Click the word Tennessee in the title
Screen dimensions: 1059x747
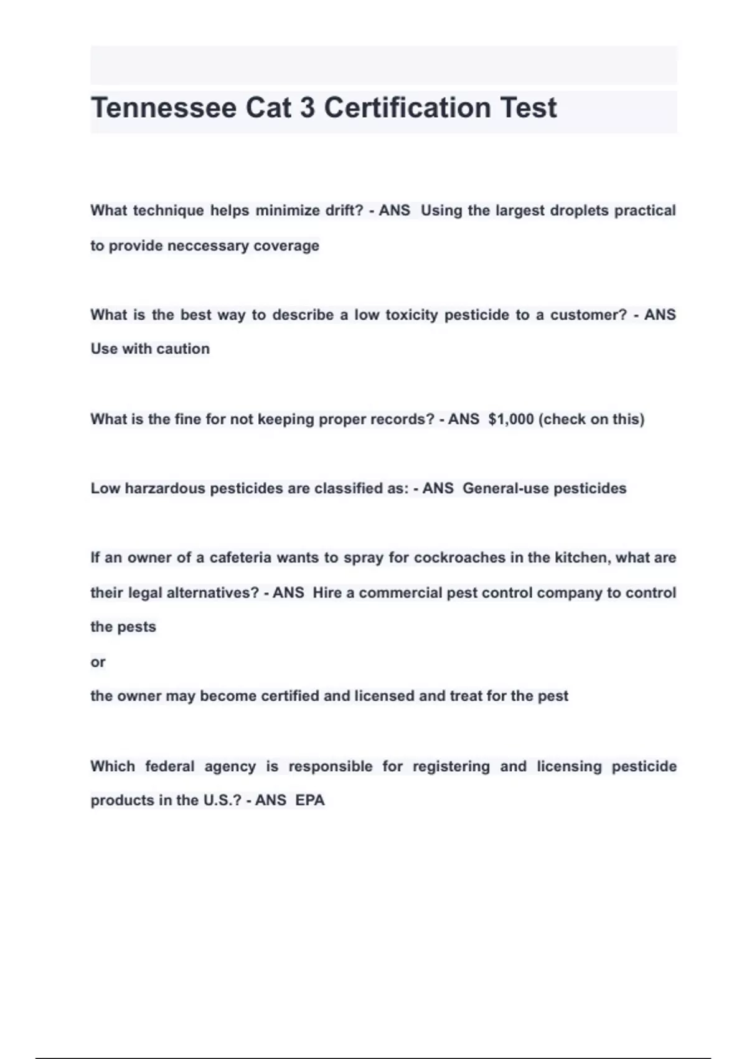[x=164, y=108]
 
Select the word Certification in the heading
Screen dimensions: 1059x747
[x=407, y=108]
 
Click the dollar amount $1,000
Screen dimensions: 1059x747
[x=511, y=419]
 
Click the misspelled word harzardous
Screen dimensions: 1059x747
[x=165, y=488]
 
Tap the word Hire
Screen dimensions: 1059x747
[x=327, y=592]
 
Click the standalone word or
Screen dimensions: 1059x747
[x=98, y=662]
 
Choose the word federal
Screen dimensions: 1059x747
[x=169, y=766]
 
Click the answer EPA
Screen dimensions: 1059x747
[x=310, y=800]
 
